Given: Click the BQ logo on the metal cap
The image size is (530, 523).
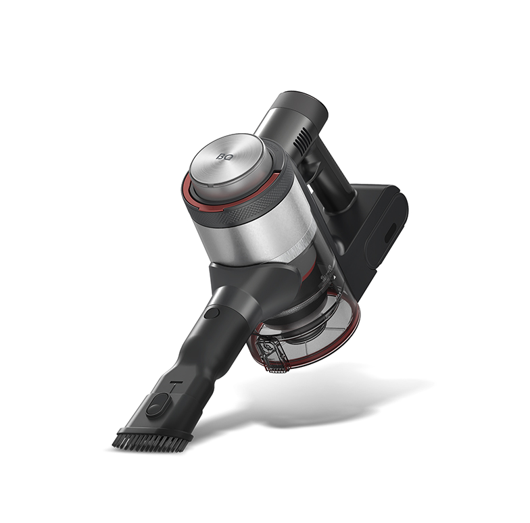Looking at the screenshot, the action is (x=224, y=157).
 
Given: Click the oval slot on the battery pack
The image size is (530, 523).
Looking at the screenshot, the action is (x=391, y=232).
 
